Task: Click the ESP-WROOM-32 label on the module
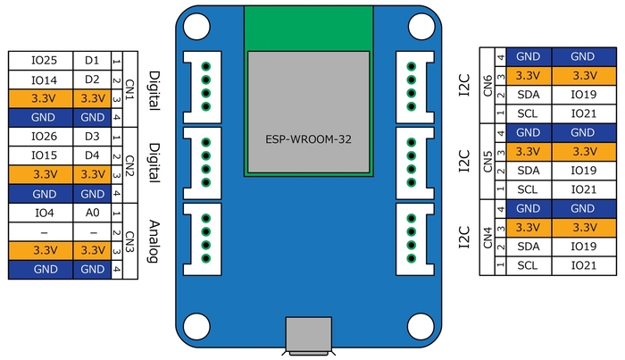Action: coord(308,140)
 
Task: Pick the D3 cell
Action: coord(92,137)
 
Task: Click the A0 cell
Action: coord(92,213)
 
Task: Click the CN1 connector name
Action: coord(130,89)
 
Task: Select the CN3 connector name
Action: coord(130,241)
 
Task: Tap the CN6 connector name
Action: coord(487,86)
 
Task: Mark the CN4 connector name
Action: coord(487,238)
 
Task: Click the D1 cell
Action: coord(92,61)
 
